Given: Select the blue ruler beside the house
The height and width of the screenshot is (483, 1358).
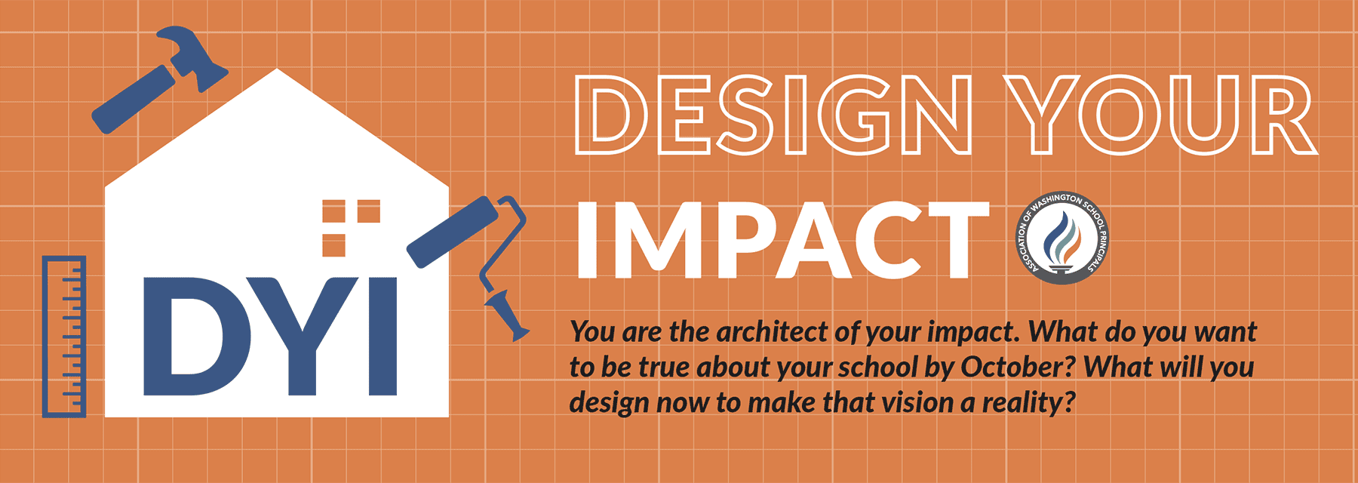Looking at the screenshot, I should tap(64, 337).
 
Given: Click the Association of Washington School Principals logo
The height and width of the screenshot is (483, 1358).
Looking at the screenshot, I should tap(1062, 238).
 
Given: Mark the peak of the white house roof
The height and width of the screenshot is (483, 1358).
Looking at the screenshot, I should tap(277, 71).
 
